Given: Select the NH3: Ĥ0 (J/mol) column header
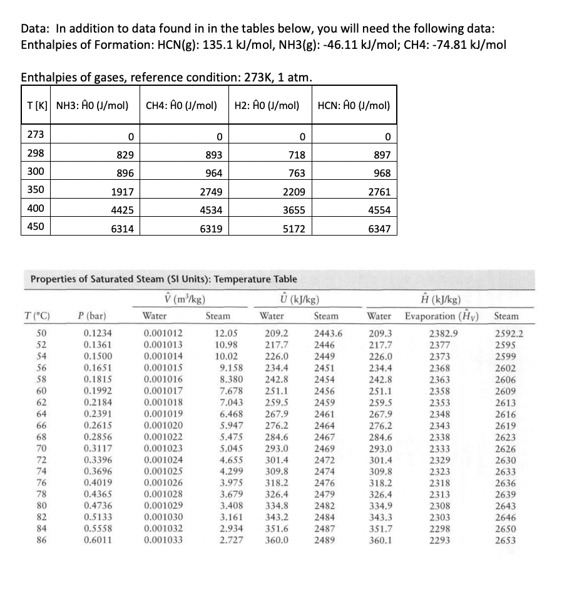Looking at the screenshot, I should (93, 105).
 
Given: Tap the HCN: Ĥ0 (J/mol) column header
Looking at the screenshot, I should (354, 105).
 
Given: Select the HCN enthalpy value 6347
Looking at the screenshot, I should (379, 229).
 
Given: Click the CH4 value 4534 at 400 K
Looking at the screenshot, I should (207, 211).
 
